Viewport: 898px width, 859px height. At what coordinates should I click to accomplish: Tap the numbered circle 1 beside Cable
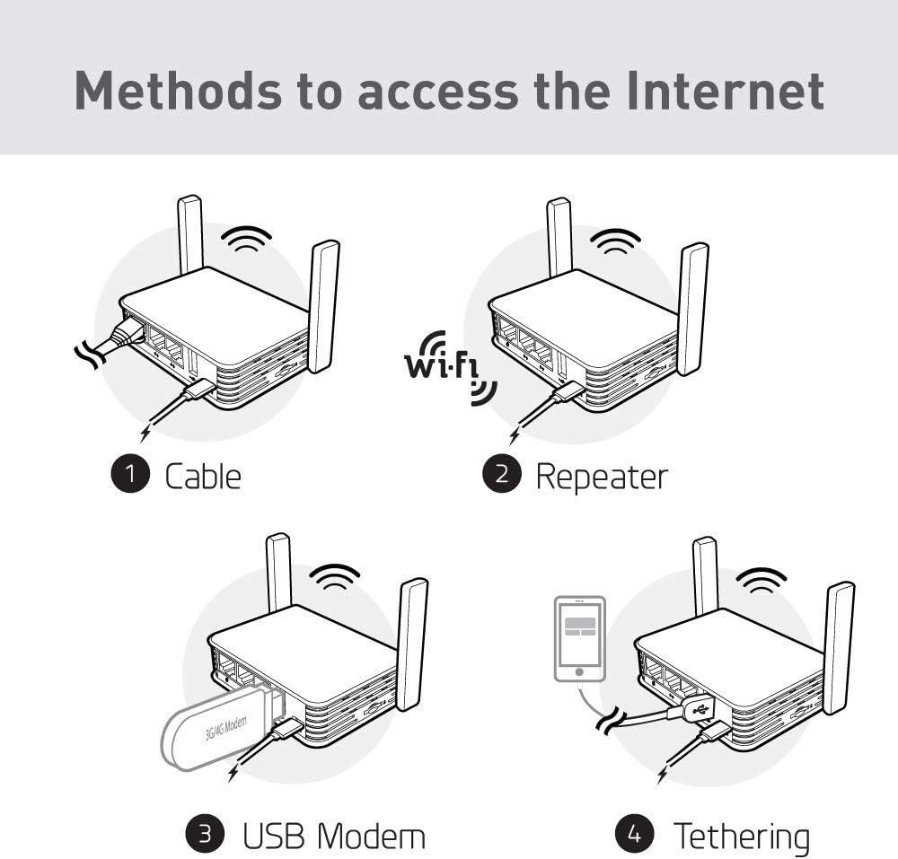[x=130, y=475]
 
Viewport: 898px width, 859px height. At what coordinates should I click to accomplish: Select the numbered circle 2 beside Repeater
[x=501, y=475]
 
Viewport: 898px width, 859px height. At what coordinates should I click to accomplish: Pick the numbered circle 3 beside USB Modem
[x=205, y=835]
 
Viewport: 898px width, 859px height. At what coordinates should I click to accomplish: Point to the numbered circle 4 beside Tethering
[x=634, y=835]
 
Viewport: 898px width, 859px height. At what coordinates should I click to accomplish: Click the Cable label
[x=203, y=476]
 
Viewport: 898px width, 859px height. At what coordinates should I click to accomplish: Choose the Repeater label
[x=602, y=477]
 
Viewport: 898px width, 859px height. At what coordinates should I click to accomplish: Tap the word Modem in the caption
[x=373, y=837]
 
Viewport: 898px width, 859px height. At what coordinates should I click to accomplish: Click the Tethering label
[x=742, y=837]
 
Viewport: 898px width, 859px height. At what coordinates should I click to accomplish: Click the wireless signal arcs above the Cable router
[x=247, y=239]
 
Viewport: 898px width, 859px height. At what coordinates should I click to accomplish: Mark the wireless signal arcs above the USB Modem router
[x=334, y=574]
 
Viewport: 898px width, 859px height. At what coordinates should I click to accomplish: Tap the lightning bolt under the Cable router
[x=145, y=434]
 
